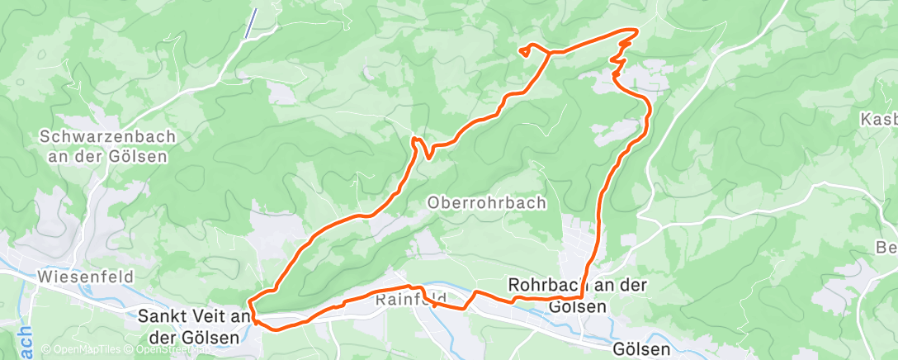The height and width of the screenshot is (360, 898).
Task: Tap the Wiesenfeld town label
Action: [x=86, y=277]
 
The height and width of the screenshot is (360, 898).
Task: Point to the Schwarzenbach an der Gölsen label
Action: [x=103, y=145]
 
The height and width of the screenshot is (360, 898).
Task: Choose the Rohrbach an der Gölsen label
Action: [x=578, y=295]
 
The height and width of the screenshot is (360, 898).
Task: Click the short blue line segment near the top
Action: [x=251, y=22]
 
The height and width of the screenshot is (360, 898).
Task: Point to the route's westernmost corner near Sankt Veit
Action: [x=253, y=315]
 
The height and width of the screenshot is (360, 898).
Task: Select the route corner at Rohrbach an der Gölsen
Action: [x=583, y=296]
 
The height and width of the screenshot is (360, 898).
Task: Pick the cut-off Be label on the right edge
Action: [x=886, y=247]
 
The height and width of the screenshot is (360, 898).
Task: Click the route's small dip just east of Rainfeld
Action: [x=466, y=307]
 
